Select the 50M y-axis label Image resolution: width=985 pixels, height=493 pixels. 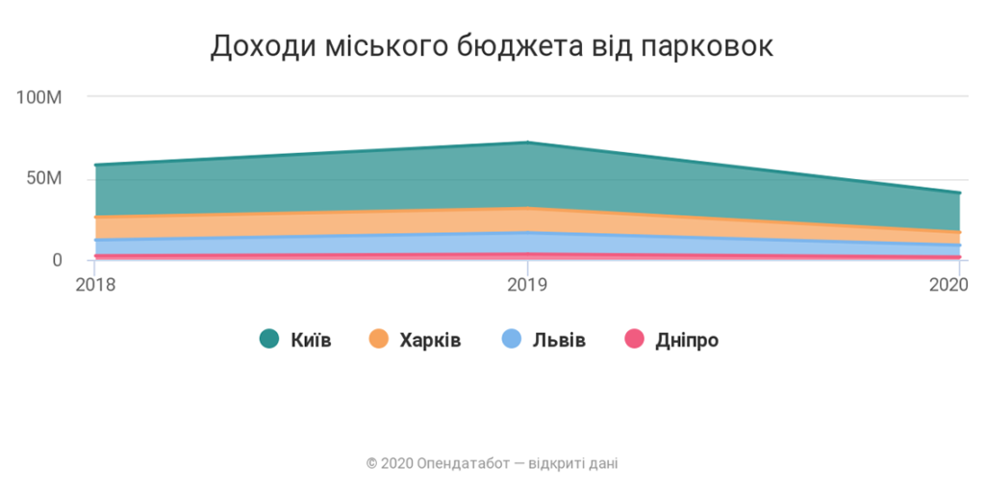(44, 179)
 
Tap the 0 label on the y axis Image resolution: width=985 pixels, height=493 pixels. (57, 260)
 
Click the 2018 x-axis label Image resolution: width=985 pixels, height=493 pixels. (95, 285)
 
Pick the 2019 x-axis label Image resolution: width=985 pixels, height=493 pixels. (527, 285)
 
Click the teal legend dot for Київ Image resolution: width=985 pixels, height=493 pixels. (269, 339)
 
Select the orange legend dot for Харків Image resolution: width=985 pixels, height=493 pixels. (378, 339)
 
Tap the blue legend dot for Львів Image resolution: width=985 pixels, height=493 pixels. (510, 339)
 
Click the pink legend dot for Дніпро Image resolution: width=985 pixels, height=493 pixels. (633, 339)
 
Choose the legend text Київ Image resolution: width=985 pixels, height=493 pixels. (311, 340)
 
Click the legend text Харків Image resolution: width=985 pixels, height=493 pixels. (429, 340)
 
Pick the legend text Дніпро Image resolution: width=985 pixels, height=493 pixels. (686, 340)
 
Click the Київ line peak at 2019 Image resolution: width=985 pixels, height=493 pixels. (527, 143)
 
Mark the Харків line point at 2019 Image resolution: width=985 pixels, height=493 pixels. (527, 208)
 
